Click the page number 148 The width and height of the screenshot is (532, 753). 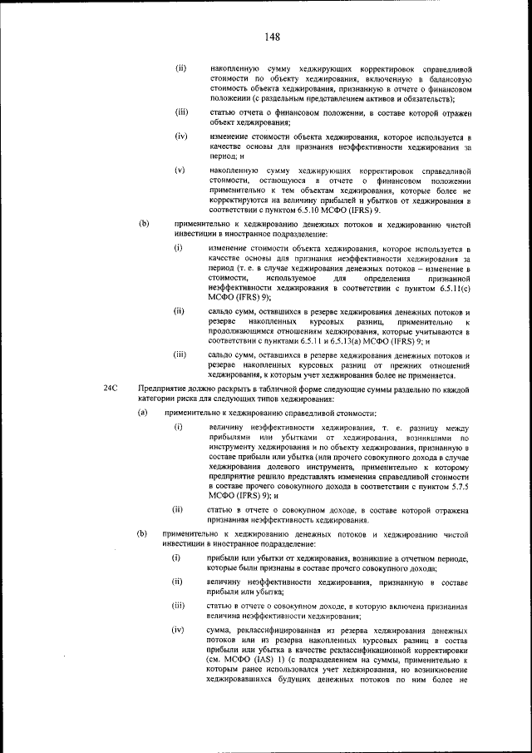click(272, 37)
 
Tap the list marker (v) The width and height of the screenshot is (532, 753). click(180, 170)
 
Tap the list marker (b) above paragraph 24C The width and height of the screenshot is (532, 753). click(143, 223)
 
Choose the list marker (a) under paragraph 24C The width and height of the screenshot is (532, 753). click(143, 413)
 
